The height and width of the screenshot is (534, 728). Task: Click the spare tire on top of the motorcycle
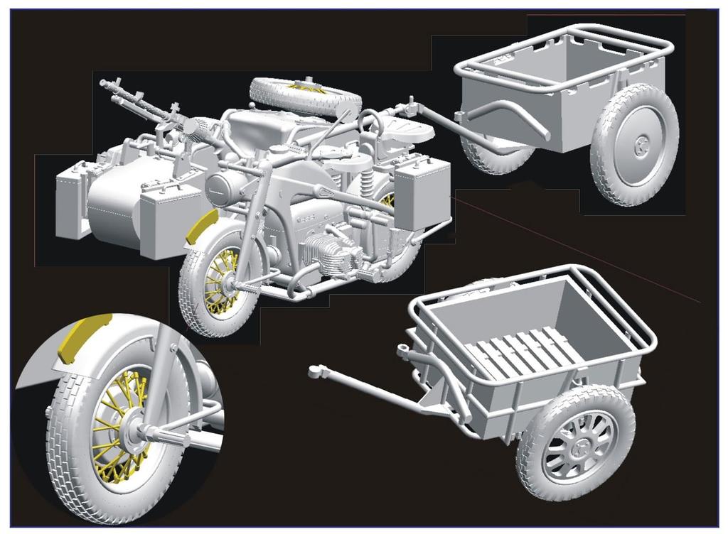coord(304,96)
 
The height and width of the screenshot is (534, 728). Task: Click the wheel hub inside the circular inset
coord(134,430)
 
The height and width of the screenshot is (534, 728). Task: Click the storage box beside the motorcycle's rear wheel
coord(422,193)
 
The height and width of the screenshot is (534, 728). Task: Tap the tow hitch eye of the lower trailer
coord(316,370)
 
